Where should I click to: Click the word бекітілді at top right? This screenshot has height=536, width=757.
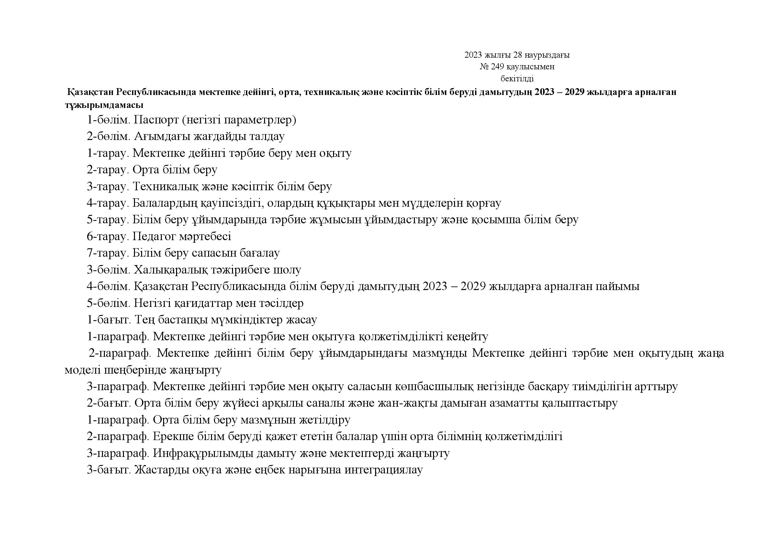click(x=517, y=78)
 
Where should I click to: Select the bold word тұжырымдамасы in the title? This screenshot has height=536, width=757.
click(x=104, y=105)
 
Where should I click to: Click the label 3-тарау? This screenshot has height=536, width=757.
click(x=107, y=186)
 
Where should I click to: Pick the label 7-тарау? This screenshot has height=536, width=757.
click(x=107, y=253)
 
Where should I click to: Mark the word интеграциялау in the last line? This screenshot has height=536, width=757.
click(x=384, y=470)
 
